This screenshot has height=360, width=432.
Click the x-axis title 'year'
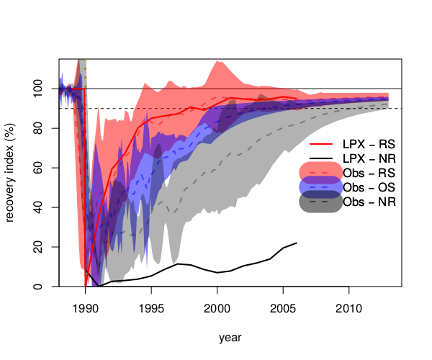(230, 336)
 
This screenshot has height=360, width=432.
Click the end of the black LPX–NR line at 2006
(296, 243)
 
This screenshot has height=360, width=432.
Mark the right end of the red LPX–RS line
(296, 99)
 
